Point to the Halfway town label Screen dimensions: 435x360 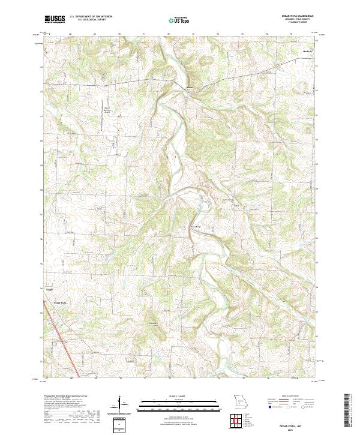(x=308, y=52)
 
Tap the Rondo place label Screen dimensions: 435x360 (x=236, y=206)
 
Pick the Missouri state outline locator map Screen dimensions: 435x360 (x=240, y=400)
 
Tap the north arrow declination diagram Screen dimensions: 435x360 (x=120, y=403)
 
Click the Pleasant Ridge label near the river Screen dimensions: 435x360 (x=196, y=227)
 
